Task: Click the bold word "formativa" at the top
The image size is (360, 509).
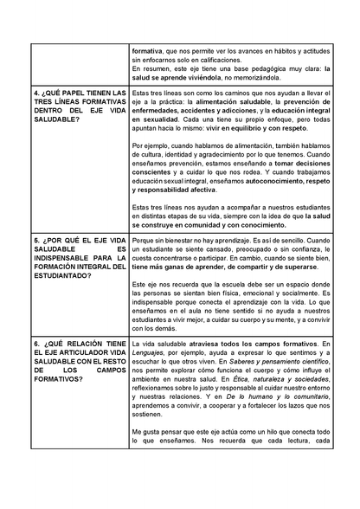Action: pyautogui.click(x=150, y=51)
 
